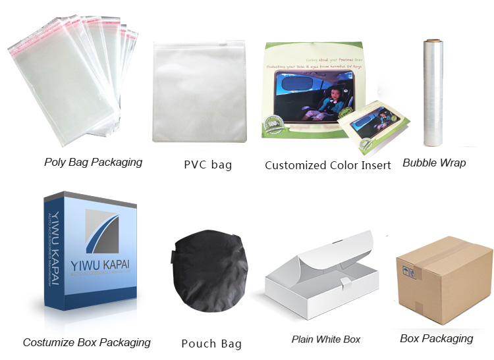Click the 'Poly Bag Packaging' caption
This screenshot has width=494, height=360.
click(93, 162)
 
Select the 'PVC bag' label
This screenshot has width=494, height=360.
click(207, 165)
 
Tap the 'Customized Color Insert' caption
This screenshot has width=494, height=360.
click(327, 165)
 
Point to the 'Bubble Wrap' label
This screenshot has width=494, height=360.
click(434, 163)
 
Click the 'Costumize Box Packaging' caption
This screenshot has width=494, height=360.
click(87, 342)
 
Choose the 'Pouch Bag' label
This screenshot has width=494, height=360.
click(211, 343)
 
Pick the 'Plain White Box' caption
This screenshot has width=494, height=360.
click(326, 340)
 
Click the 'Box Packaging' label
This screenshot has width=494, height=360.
click(436, 338)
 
